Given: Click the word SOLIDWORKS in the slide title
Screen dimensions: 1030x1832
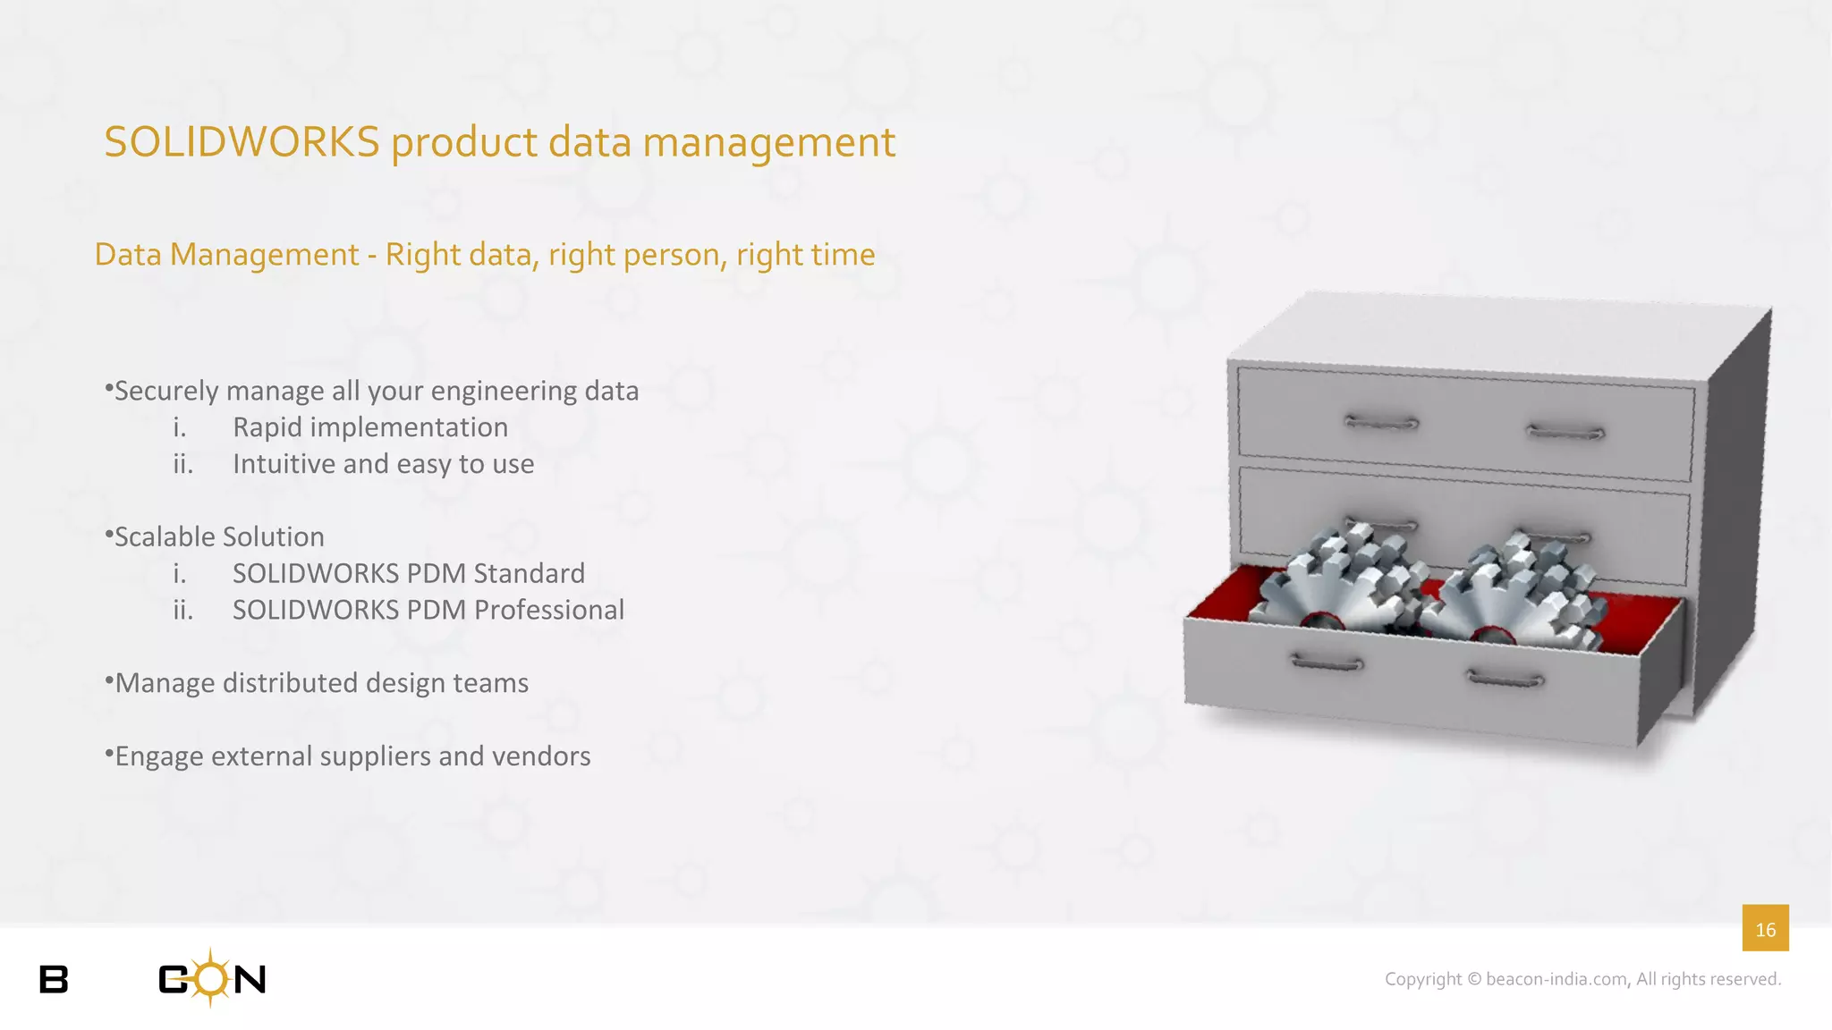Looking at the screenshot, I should click(242, 143).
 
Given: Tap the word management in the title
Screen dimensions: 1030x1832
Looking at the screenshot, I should click(768, 143).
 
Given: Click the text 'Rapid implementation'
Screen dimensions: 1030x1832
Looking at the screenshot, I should click(370, 427).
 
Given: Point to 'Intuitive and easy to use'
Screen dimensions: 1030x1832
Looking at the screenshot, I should click(383, 464).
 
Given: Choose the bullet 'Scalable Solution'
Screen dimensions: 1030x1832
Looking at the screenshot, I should click(219, 536).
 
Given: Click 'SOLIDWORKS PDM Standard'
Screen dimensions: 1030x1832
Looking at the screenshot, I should click(408, 573).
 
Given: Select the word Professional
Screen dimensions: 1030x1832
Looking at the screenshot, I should click(549, 610).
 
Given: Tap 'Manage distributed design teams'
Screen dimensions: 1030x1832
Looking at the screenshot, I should click(322, 683).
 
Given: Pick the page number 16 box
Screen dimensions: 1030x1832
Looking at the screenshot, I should click(1765, 929).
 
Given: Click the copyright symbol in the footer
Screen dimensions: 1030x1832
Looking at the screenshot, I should click(1475, 980).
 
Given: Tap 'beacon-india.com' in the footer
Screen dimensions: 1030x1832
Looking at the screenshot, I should click(1556, 980).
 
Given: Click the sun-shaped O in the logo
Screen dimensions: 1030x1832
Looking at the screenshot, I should click(211, 978).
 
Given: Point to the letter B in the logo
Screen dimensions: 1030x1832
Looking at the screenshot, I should click(54, 980).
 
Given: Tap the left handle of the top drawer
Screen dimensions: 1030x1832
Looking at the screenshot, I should click(1381, 422).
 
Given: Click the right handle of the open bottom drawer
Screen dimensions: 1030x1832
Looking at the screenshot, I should click(1506, 680).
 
